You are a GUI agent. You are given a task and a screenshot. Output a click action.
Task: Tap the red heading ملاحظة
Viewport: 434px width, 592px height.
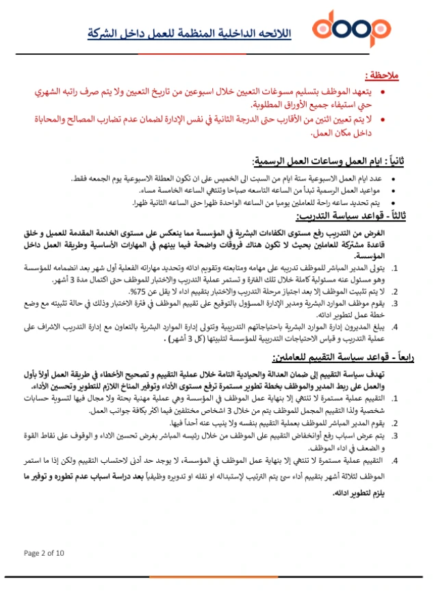[384, 74]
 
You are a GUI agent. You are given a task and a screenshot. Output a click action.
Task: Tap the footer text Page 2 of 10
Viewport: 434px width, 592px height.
[45, 552]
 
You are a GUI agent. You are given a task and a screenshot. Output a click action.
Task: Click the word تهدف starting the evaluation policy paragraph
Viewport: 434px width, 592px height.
[395, 373]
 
